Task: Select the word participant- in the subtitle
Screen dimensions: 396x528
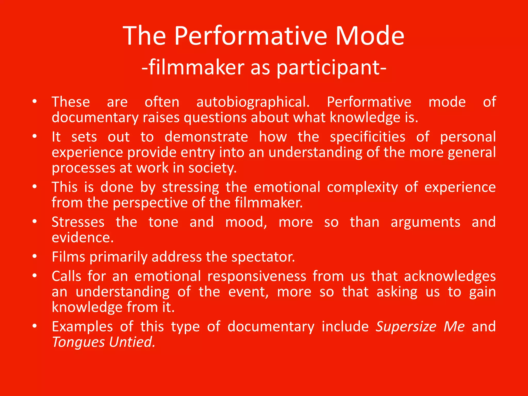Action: [x=331, y=68]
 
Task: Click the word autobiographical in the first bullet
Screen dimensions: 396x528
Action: [x=253, y=102]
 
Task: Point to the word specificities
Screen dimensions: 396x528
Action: [x=368, y=137]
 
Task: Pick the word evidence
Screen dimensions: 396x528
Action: [x=82, y=237]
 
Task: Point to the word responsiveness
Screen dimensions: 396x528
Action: [x=257, y=276]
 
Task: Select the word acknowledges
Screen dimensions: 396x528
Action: [x=450, y=276]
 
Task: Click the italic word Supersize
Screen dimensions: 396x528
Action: [x=406, y=327]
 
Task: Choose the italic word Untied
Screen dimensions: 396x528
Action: [x=132, y=342]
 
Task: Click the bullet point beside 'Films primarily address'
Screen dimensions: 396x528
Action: [x=35, y=257]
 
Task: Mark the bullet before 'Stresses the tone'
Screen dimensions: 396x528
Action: [x=35, y=221]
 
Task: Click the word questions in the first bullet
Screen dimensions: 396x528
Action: [x=215, y=118]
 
